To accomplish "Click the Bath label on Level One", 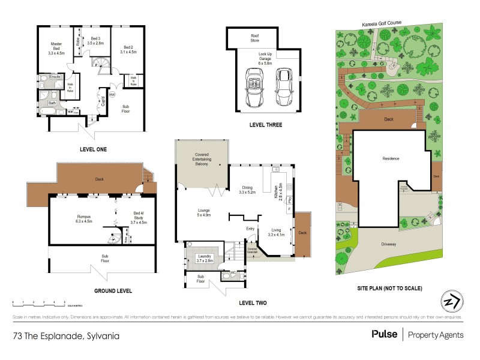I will pos(52,103).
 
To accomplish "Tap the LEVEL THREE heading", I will pos(265,125).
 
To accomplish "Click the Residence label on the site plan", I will pos(391,158).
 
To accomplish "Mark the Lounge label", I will pos(203,212).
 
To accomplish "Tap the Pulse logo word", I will pos(384,334).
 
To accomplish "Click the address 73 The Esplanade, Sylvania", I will pos(66,335).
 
